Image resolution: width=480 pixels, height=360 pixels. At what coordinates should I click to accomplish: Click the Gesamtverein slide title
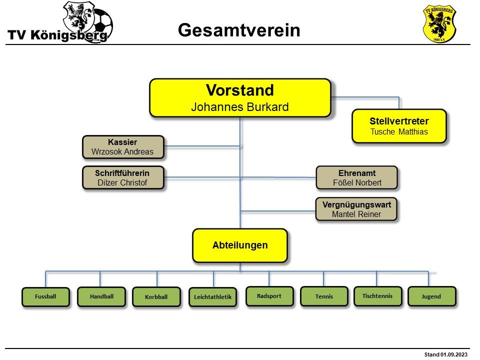[x=239, y=30]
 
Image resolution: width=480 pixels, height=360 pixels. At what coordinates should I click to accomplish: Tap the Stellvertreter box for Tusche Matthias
[x=399, y=126]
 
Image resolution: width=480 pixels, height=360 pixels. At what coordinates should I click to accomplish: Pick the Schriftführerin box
[x=122, y=177]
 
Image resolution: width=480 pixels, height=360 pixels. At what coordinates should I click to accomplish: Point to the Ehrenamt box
[x=357, y=177]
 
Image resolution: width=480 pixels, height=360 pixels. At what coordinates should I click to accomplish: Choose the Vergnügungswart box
[x=356, y=209]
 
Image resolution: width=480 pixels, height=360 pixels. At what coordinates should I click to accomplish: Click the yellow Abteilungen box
[x=240, y=245]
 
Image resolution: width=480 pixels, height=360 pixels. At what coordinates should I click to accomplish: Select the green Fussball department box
[x=45, y=296]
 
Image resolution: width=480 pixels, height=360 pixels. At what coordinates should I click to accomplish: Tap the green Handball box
[x=101, y=296]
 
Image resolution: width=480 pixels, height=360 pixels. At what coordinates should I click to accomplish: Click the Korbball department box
[x=156, y=297]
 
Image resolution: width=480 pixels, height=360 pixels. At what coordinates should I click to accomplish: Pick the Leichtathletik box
[x=212, y=297]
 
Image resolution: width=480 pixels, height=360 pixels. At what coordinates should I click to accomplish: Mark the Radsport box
[x=269, y=296]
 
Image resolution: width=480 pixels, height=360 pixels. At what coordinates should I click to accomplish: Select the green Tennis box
[x=324, y=296]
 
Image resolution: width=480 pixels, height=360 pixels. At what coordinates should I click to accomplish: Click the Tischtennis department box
[x=377, y=296]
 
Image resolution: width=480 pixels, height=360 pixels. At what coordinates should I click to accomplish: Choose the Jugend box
[x=431, y=296]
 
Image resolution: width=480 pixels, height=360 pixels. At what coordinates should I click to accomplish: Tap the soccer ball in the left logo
[x=102, y=22]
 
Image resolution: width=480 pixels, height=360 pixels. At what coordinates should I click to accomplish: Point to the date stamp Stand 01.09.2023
[x=446, y=354]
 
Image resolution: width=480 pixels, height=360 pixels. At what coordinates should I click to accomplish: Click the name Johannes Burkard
[x=240, y=107]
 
